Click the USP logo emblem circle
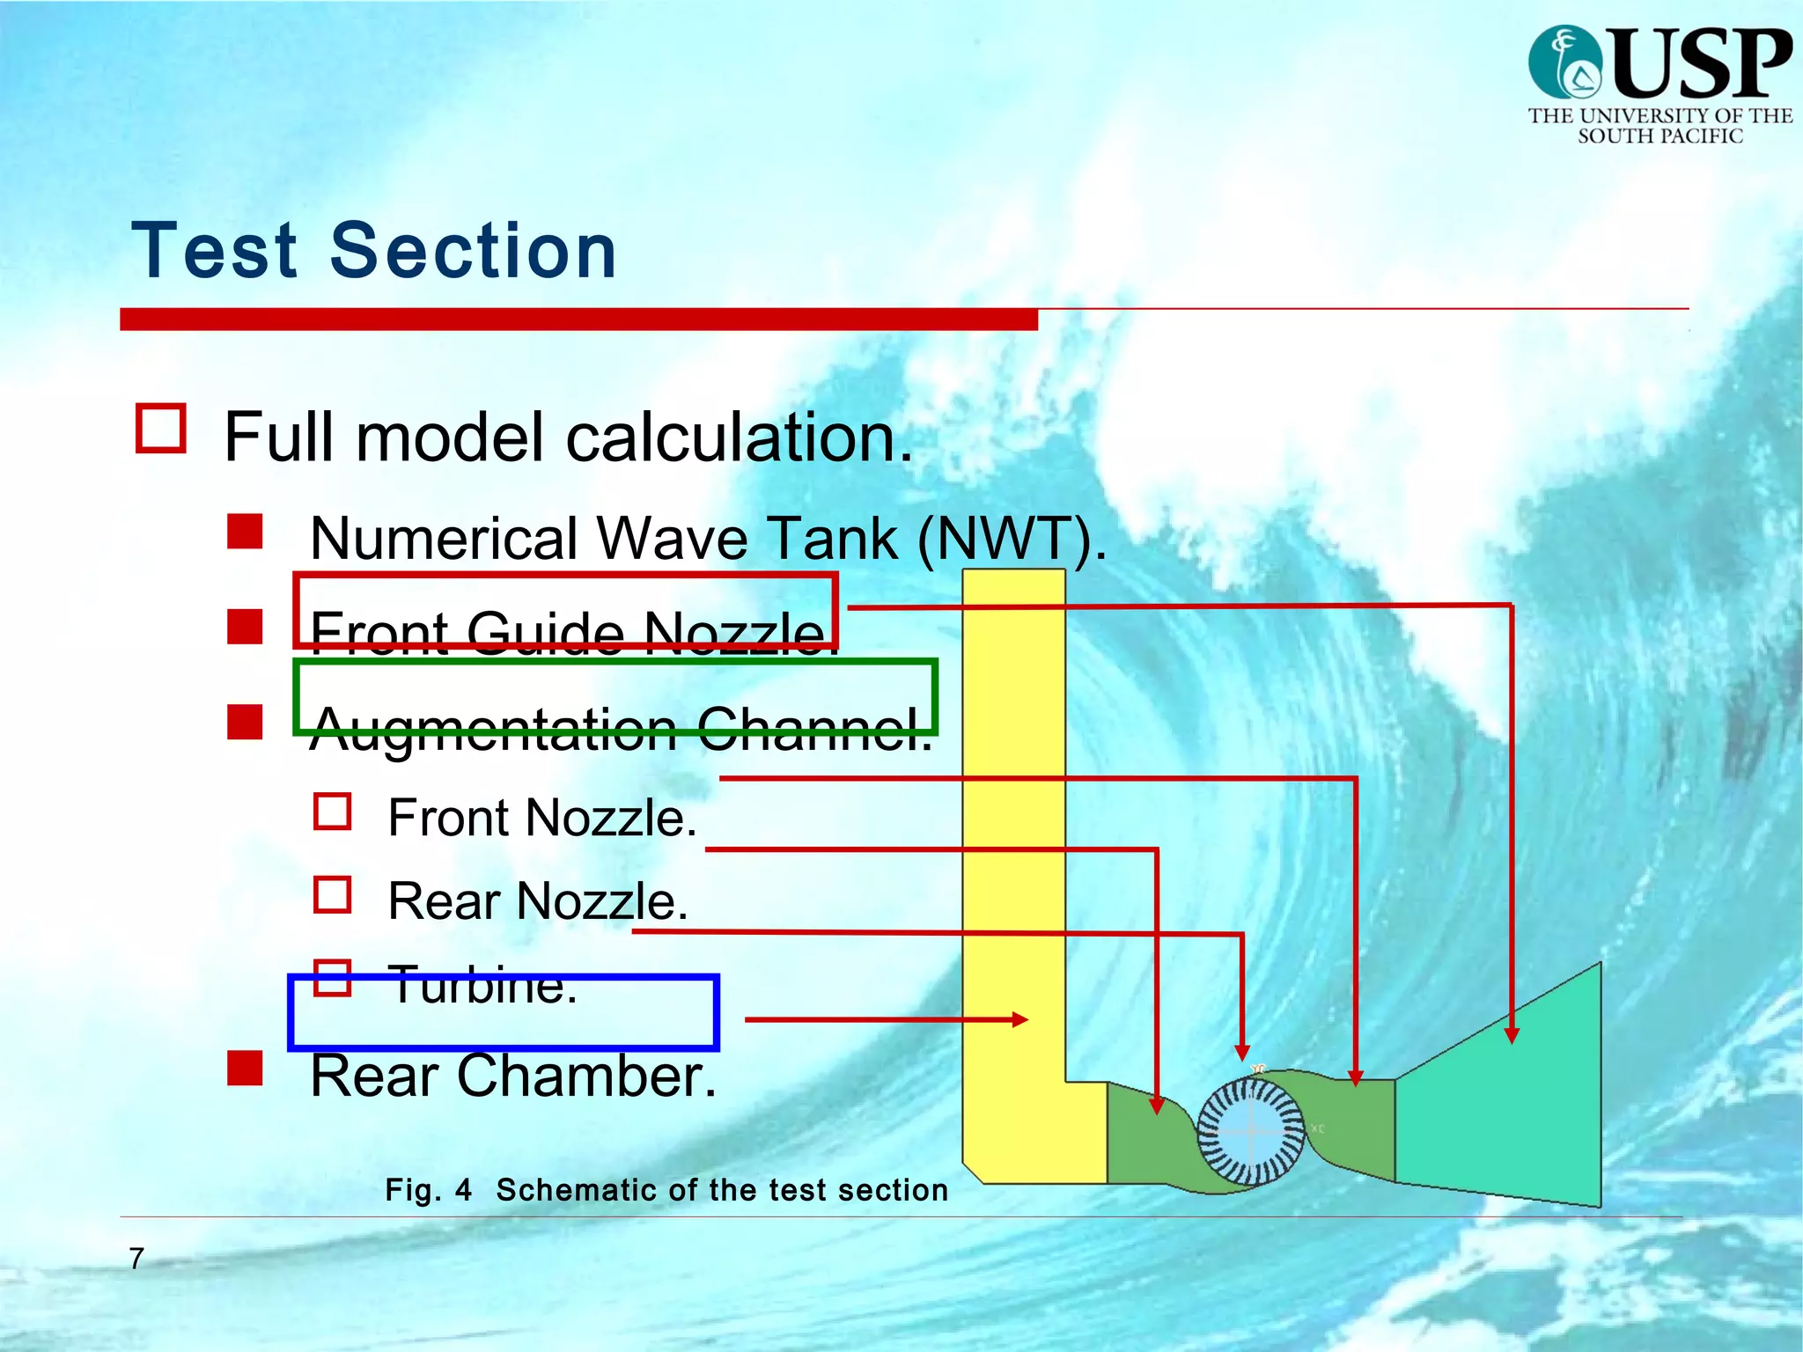click(x=1565, y=62)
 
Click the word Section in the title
click(x=473, y=252)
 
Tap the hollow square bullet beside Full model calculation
click(x=161, y=429)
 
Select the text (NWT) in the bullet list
click(x=1012, y=538)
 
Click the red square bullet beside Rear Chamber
click(x=245, y=1068)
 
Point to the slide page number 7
click(x=136, y=1259)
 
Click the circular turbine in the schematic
click(x=1250, y=1132)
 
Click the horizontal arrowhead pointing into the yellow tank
click(x=1020, y=1019)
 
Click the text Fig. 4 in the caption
click(x=429, y=1190)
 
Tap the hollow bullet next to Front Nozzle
click(x=333, y=812)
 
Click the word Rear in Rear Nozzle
click(x=445, y=901)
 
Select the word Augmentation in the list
click(x=494, y=729)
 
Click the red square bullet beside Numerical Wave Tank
click(x=245, y=532)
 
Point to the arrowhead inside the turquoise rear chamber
click(x=1512, y=1035)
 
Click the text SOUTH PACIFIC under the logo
click(x=1659, y=136)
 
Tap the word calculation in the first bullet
click(x=740, y=437)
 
